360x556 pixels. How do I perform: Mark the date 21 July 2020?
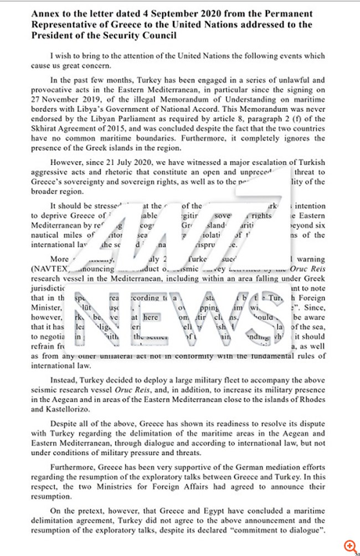pos(138,162)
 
